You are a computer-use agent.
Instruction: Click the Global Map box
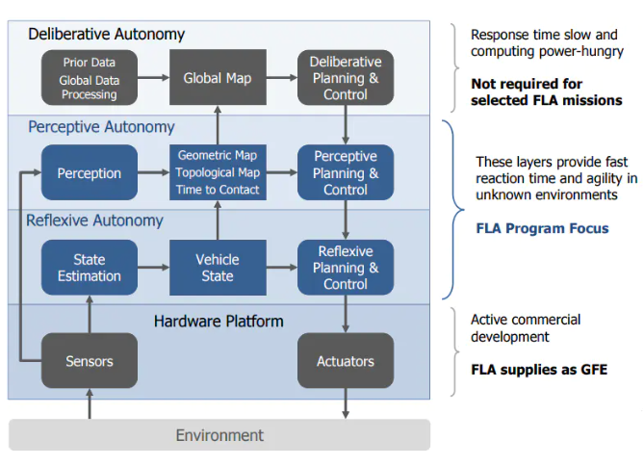(217, 78)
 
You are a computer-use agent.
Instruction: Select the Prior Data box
(89, 78)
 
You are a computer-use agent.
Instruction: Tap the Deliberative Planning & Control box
(346, 78)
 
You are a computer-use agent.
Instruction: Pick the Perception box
(89, 173)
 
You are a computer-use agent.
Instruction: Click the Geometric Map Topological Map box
(217, 172)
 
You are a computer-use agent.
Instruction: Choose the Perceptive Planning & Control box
(346, 173)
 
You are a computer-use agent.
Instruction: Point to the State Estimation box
(89, 268)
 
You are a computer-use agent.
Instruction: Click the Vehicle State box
(217, 268)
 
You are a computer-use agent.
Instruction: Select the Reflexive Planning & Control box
(346, 268)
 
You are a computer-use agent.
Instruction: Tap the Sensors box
(89, 361)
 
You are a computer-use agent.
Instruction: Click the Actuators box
(346, 361)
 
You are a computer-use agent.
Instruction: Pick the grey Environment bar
(219, 435)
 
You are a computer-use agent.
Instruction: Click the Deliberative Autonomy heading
(106, 35)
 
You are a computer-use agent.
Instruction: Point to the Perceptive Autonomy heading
(101, 127)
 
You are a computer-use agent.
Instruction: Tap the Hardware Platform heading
(219, 321)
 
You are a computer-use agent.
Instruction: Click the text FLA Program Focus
(542, 229)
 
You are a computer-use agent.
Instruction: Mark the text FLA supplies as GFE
(538, 370)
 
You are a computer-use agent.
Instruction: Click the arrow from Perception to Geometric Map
(152, 173)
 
